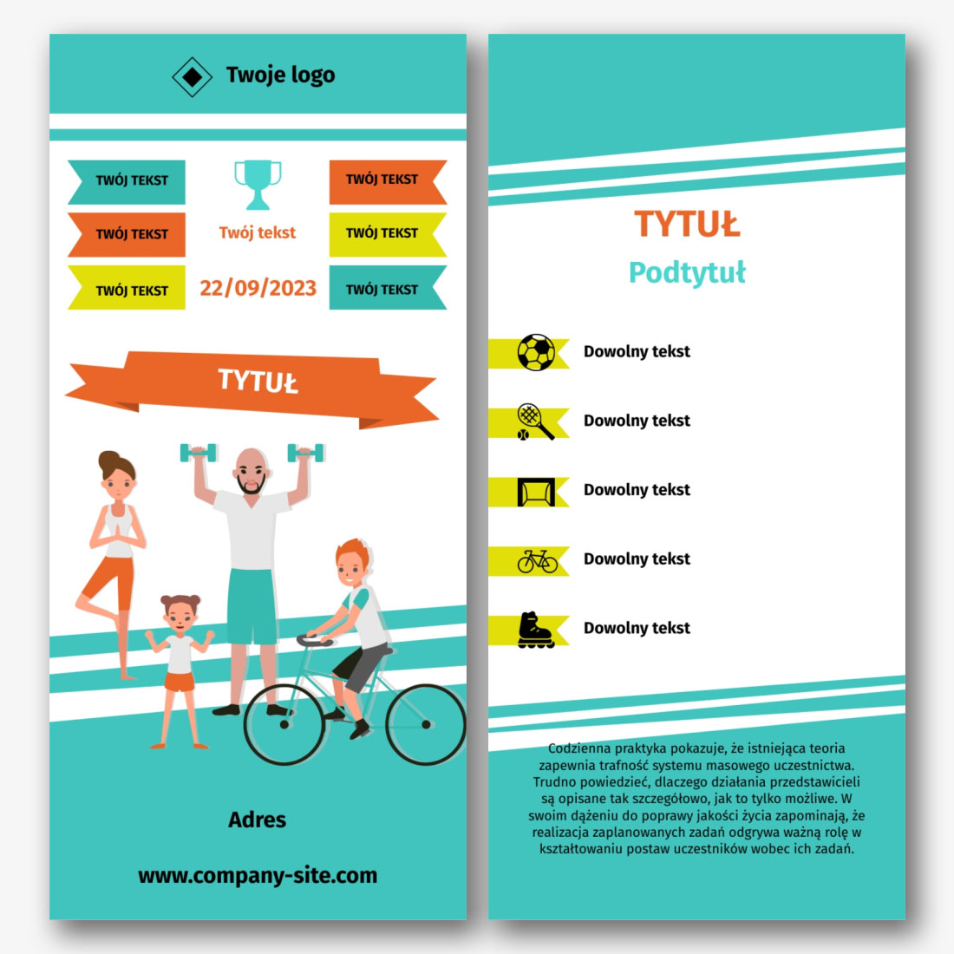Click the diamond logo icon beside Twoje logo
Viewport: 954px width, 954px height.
coord(192,76)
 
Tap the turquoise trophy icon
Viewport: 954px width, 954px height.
coord(258,185)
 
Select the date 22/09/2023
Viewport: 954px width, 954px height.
coord(258,288)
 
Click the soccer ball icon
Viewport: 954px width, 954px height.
coord(536,352)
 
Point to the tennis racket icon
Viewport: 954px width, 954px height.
coord(535,421)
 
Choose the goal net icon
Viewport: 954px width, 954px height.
coord(536,492)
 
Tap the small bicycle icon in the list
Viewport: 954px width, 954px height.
coord(537,562)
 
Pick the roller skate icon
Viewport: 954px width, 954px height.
coord(535,631)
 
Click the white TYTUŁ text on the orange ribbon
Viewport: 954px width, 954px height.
coord(258,382)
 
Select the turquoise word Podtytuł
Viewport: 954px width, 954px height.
coord(687,272)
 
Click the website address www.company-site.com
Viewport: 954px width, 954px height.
coord(258,876)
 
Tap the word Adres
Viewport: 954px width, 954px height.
coord(257,820)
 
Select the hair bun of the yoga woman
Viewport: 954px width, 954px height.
coord(109,460)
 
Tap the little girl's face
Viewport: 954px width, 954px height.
coord(179,617)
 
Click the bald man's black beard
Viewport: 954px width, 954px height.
coord(252,484)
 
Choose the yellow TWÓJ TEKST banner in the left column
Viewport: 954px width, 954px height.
coord(127,288)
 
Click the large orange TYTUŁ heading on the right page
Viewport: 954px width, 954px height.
coord(687,224)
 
